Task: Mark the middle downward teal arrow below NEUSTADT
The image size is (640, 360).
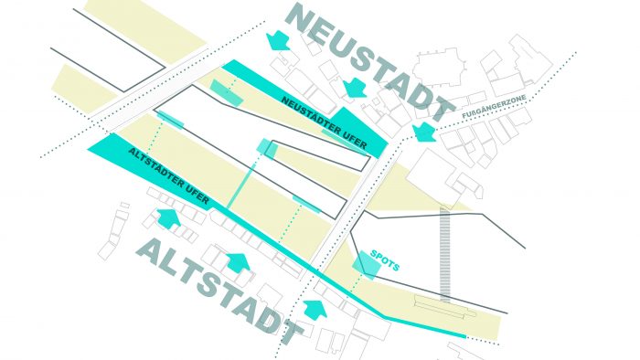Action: [353, 88]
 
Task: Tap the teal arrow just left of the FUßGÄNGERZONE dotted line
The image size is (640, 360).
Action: [423, 132]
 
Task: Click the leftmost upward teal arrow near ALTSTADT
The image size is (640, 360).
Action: [167, 218]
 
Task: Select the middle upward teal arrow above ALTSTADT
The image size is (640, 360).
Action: [237, 263]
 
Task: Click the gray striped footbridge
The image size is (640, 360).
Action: [445, 252]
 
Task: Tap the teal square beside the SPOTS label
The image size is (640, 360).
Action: [366, 262]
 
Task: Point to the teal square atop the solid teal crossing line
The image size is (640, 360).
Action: [267, 148]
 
